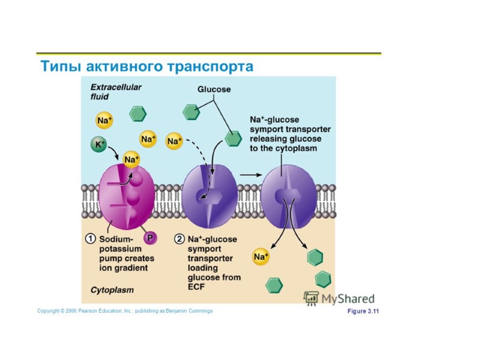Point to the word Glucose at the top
point(214,89)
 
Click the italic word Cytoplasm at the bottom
point(112,290)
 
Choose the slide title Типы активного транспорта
point(146,65)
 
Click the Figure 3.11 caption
point(364,311)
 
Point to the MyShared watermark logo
point(339,298)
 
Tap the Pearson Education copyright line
point(125,311)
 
